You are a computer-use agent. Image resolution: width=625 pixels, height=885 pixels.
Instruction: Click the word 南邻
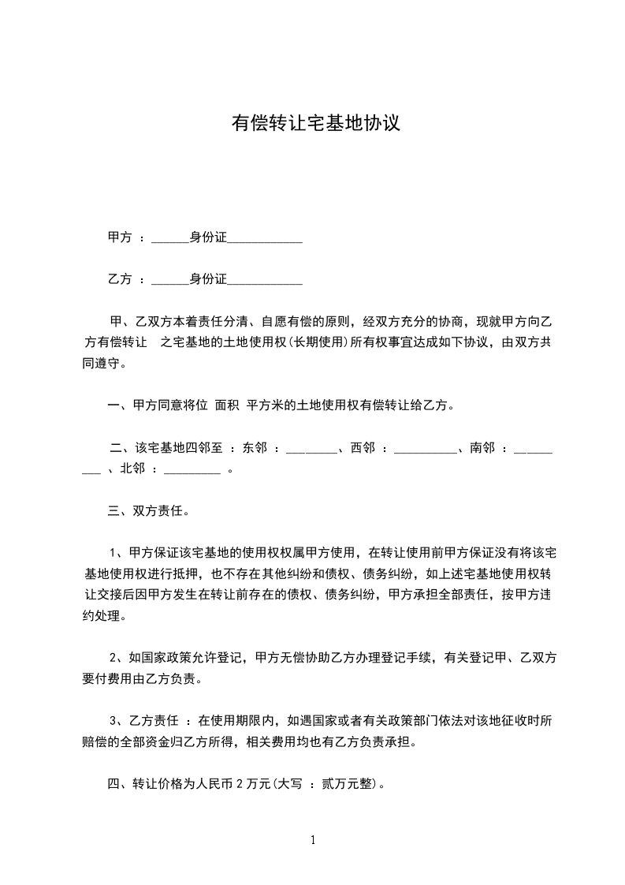(x=482, y=448)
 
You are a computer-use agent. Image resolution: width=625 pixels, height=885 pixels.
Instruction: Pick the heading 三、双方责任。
(x=148, y=511)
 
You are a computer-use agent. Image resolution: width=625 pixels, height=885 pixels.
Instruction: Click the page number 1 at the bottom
(x=313, y=840)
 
